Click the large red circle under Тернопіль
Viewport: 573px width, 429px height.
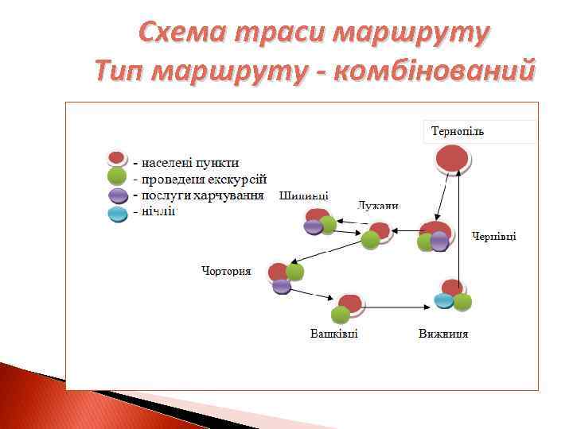[x=453, y=159]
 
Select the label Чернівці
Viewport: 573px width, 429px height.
[x=494, y=236]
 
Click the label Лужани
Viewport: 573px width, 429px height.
[x=378, y=205]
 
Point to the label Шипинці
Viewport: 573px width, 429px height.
[x=304, y=196]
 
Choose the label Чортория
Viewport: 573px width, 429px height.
[x=226, y=271]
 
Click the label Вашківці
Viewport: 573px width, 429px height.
[x=334, y=333]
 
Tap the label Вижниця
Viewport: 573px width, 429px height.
[x=443, y=333]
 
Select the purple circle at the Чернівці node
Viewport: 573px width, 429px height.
[x=439, y=241]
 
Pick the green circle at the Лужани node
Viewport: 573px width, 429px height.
[x=370, y=240]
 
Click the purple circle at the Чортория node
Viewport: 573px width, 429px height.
[x=282, y=286]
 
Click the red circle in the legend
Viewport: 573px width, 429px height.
[x=117, y=158]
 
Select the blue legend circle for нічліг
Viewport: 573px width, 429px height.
[x=117, y=213]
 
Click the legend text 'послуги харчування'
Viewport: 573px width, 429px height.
[x=202, y=195]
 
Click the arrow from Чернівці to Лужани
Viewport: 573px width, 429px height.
[x=406, y=231]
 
